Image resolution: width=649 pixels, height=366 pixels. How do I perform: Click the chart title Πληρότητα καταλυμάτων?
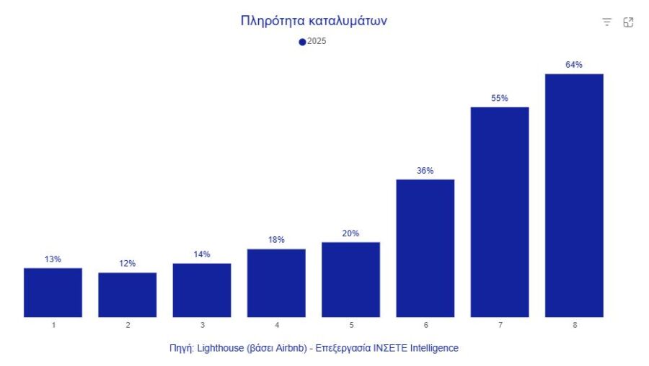(x=314, y=21)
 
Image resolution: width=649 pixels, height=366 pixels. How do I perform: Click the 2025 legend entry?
(x=313, y=42)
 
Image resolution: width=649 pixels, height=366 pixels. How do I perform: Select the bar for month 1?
(x=53, y=293)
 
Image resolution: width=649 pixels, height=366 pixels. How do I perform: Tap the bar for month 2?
(x=128, y=295)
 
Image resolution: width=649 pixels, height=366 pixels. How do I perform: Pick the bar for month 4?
(x=276, y=283)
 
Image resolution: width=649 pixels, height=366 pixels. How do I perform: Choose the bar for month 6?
(x=425, y=248)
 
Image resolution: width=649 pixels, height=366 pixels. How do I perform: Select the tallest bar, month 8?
(x=574, y=195)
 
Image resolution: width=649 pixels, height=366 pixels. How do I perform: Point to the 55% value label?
(x=500, y=98)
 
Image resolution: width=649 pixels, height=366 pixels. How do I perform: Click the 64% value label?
(x=574, y=65)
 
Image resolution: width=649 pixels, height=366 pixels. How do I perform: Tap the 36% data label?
(x=425, y=171)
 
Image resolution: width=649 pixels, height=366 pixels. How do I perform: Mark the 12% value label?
(x=128, y=264)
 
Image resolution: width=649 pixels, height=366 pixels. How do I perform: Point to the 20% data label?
(x=350, y=233)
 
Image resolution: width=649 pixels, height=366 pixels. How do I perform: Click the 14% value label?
(x=202, y=254)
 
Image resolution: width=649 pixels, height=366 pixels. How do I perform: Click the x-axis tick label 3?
(x=202, y=325)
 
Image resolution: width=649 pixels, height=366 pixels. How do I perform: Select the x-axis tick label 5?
(x=351, y=325)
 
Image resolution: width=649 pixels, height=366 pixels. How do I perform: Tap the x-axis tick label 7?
(x=500, y=325)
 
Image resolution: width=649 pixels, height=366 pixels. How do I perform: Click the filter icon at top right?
(x=607, y=22)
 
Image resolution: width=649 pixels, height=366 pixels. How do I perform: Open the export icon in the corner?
(x=628, y=22)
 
